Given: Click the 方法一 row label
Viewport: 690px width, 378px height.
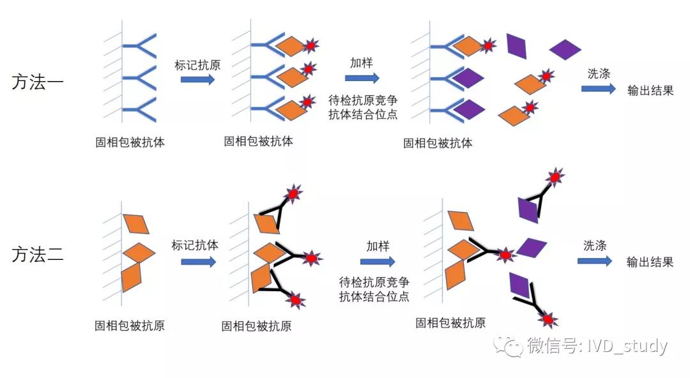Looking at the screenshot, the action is click(x=38, y=82).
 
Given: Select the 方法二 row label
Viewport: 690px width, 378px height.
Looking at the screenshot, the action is click(x=38, y=254).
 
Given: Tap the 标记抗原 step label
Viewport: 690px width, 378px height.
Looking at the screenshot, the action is click(x=197, y=65).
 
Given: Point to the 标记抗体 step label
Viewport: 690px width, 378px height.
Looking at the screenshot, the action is click(x=195, y=245).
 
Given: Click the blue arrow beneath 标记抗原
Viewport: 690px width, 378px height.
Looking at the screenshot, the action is click(x=197, y=79).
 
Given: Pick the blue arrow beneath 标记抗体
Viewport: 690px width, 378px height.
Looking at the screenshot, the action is click(x=199, y=262).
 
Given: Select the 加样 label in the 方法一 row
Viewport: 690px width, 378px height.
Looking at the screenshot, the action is click(x=362, y=63).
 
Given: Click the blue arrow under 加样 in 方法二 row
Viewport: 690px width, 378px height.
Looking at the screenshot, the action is click(x=378, y=262).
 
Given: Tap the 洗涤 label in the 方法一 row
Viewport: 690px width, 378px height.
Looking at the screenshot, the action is click(x=599, y=73).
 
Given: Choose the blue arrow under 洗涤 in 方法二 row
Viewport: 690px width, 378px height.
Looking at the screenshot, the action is click(x=595, y=261).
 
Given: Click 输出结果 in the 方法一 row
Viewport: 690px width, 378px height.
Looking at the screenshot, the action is click(x=650, y=91).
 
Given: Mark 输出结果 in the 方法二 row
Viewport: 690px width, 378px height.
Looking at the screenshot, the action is click(x=650, y=262).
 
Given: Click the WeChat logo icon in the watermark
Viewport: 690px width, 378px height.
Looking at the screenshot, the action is click(x=508, y=345).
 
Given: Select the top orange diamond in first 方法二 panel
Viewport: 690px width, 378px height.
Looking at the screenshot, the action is click(x=136, y=223).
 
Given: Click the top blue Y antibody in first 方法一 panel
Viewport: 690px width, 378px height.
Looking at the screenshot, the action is click(x=139, y=46).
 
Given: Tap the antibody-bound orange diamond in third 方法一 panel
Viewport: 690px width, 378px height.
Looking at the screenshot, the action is click(x=468, y=46).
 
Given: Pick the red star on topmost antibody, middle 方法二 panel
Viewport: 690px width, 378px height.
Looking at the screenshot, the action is click(x=293, y=193).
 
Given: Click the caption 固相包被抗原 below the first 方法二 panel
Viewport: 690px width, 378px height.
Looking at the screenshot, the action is click(x=130, y=326).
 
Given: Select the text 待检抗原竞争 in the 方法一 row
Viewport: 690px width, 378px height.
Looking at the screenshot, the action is click(x=363, y=100).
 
